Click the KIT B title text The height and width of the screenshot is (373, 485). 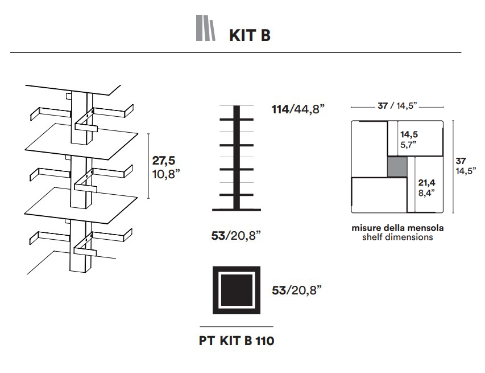pos(250,35)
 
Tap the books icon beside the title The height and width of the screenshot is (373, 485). pos(206,28)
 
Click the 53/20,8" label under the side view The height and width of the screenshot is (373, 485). pos(235,236)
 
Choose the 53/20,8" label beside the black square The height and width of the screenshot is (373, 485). pos(297,290)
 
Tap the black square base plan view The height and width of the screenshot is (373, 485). pos(237,290)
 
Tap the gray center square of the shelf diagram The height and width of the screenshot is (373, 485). pos(397,166)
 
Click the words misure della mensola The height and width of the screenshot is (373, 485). pos(397,228)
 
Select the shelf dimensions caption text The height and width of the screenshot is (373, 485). pos(397,237)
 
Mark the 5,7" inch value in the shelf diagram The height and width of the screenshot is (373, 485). pos(409,145)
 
